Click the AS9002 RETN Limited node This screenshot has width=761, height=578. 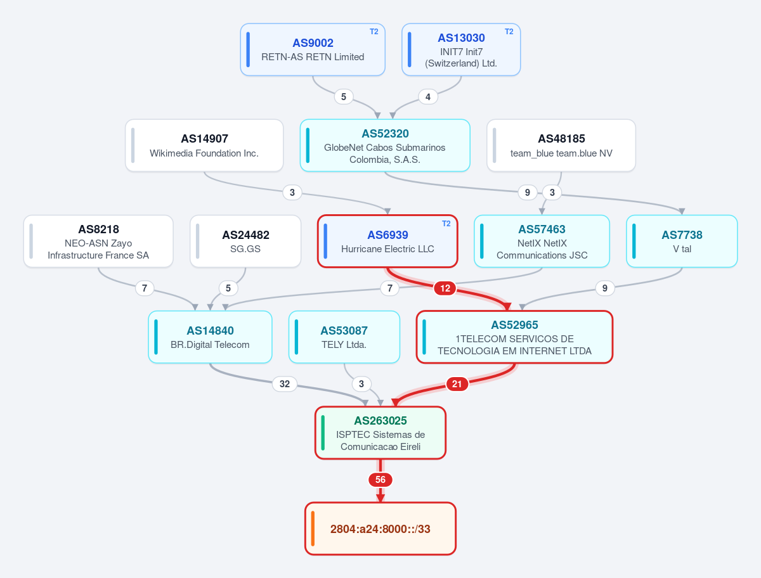click(313, 49)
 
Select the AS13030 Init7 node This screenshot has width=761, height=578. click(461, 49)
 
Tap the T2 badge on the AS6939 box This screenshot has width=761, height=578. click(446, 224)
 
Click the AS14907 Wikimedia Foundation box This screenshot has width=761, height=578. click(204, 146)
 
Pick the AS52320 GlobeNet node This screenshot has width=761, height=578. click(385, 146)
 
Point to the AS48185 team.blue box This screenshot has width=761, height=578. click(561, 146)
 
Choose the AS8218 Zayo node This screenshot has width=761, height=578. click(98, 241)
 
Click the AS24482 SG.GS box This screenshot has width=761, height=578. click(245, 241)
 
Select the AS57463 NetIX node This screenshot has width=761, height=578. click(542, 241)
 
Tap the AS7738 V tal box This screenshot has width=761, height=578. click(682, 241)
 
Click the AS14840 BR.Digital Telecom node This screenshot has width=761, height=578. click(210, 337)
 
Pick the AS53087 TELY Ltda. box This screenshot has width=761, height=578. click(344, 337)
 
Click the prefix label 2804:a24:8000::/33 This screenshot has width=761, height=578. click(380, 529)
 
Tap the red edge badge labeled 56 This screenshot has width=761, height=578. click(380, 480)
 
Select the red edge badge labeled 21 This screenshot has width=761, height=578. click(457, 383)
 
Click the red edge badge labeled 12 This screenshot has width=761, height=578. click(445, 288)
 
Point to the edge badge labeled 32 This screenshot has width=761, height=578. click(285, 383)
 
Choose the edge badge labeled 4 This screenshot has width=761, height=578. click(428, 96)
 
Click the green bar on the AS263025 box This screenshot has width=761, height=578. click(323, 433)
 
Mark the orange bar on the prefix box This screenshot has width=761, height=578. click(313, 529)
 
